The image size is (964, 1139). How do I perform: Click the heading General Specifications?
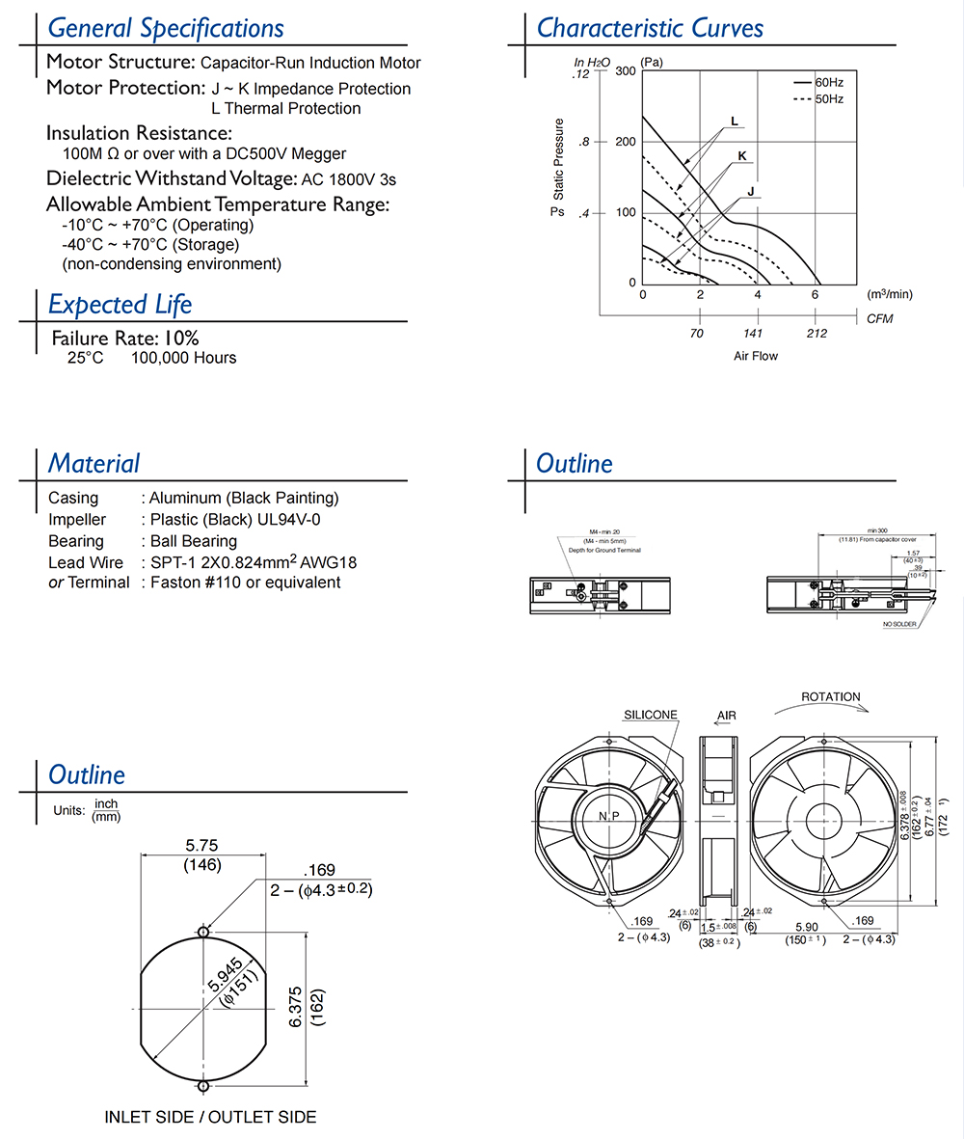166,29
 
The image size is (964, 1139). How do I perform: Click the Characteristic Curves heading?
650,28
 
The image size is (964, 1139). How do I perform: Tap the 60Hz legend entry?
828,82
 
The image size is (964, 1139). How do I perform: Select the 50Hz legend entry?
828,98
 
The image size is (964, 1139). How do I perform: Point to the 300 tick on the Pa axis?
625,71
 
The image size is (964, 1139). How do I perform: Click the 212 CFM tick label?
816,334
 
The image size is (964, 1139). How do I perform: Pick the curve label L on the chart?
735,122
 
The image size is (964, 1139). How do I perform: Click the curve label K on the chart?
742,155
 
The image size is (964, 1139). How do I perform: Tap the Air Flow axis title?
755,356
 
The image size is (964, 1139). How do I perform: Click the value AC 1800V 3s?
348,178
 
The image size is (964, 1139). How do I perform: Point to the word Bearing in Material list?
76,541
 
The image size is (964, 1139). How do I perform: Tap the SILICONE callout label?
650,715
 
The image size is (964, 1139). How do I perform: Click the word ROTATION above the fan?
831,696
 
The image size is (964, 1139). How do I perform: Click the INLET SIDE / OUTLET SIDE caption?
210,1117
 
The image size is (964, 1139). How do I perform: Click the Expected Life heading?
120,305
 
